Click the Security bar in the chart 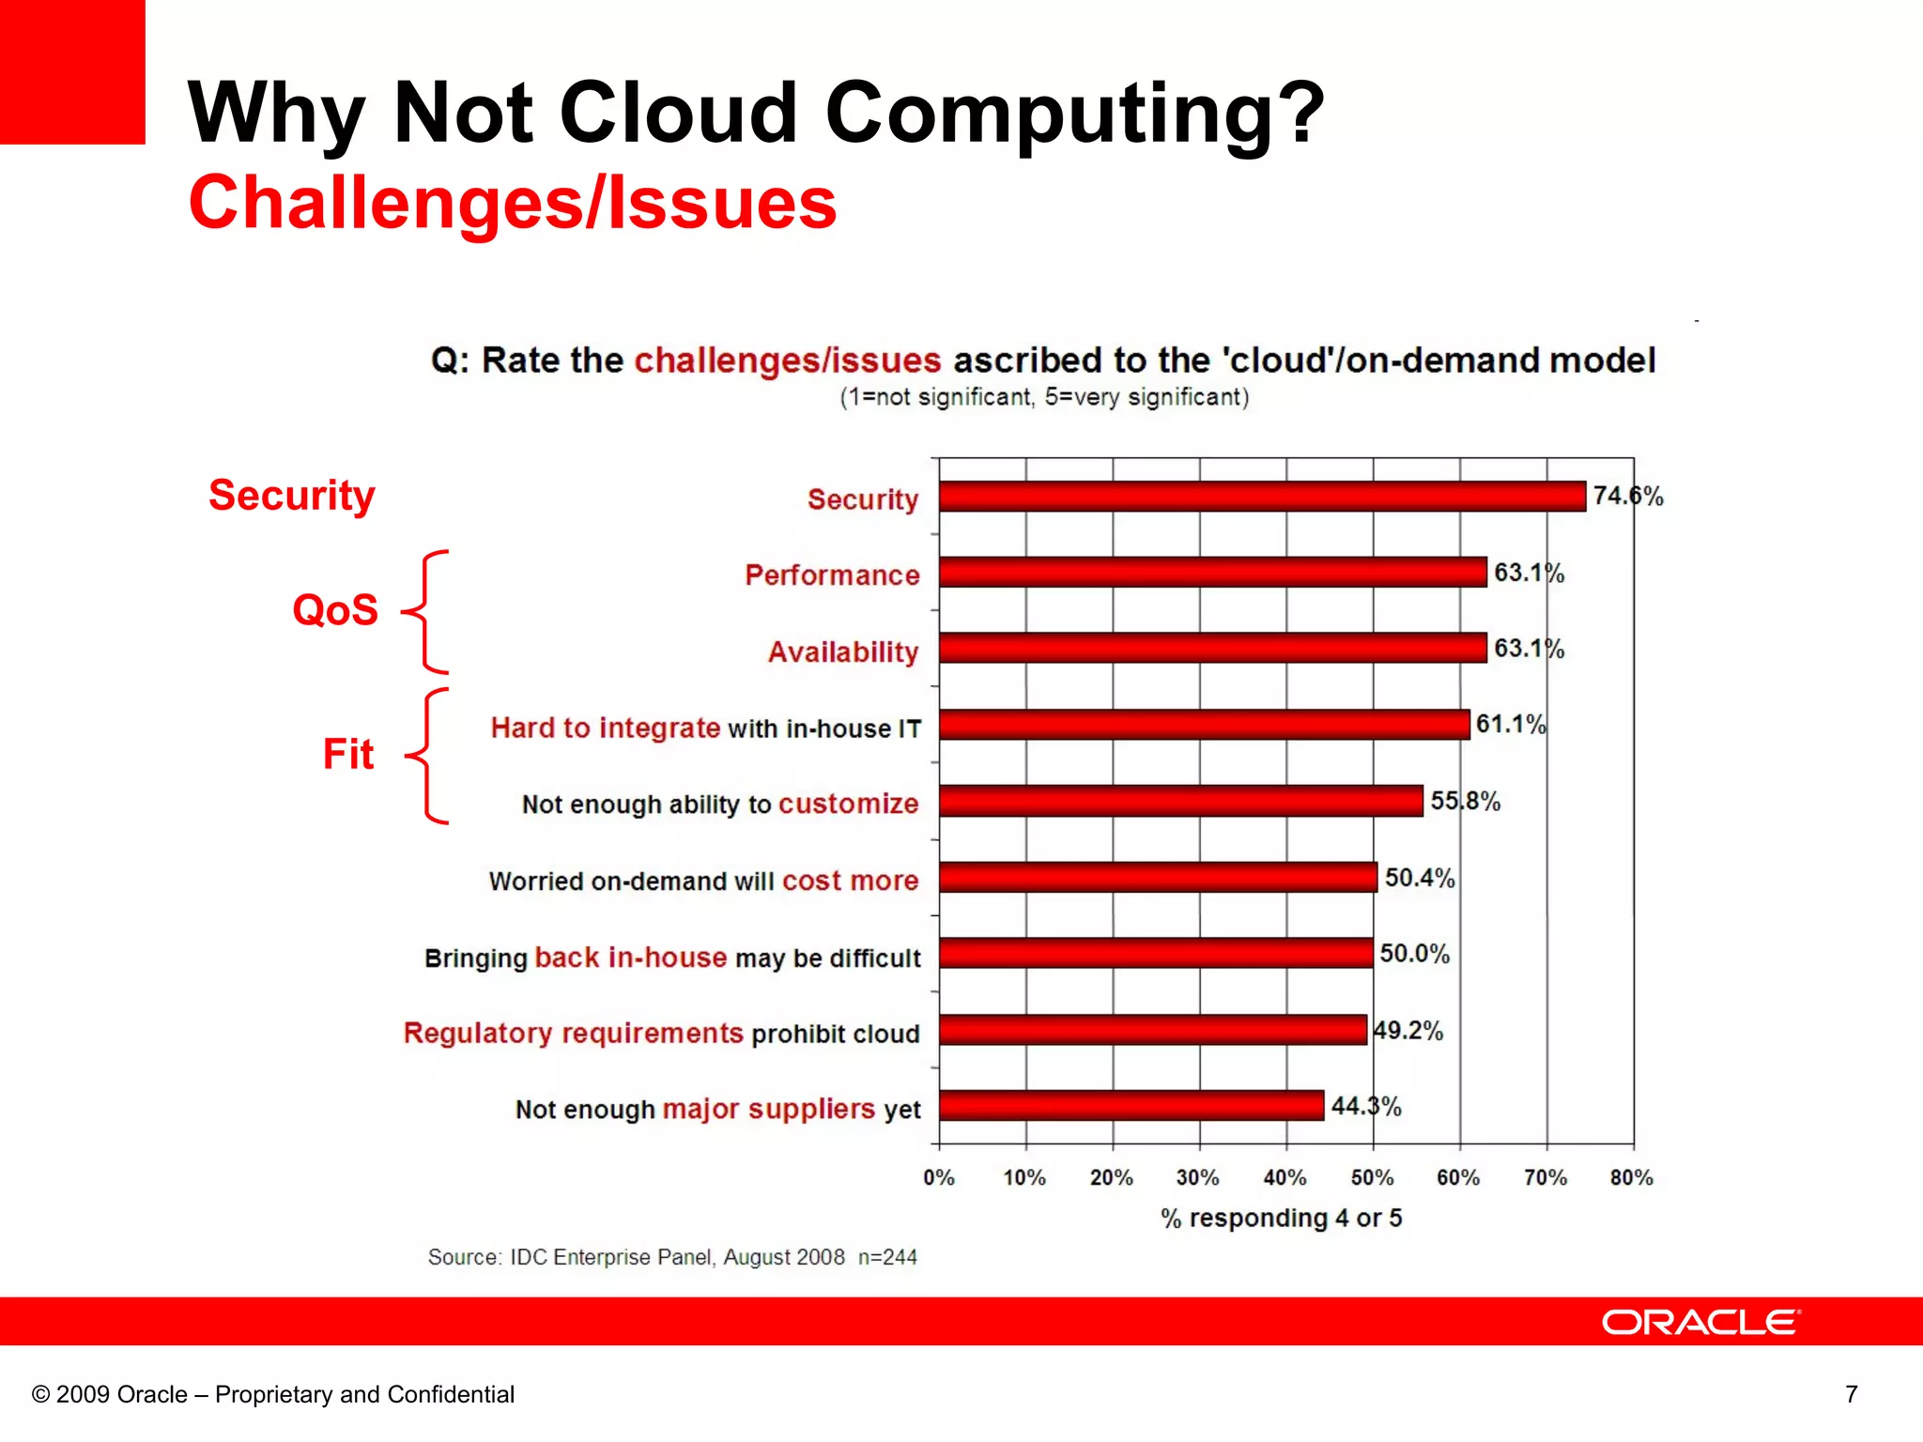click(1262, 496)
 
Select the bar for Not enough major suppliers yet click(1131, 1105)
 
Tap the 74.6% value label click(1627, 496)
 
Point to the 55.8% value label click(1465, 801)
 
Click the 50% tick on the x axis click(1372, 1177)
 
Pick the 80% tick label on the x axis click(1631, 1177)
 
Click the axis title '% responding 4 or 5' click(1281, 1218)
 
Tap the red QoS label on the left click(335, 610)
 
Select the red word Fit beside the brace click(348, 754)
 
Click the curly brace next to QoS click(427, 612)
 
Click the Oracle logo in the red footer click(1700, 1322)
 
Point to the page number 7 click(1851, 1394)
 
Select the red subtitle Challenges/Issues click(513, 203)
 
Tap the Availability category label click(842, 652)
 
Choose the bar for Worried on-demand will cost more click(1157, 877)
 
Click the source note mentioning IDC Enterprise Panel click(672, 1257)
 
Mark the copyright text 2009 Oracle click(273, 1394)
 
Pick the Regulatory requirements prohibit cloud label click(661, 1033)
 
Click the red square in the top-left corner click(72, 71)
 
